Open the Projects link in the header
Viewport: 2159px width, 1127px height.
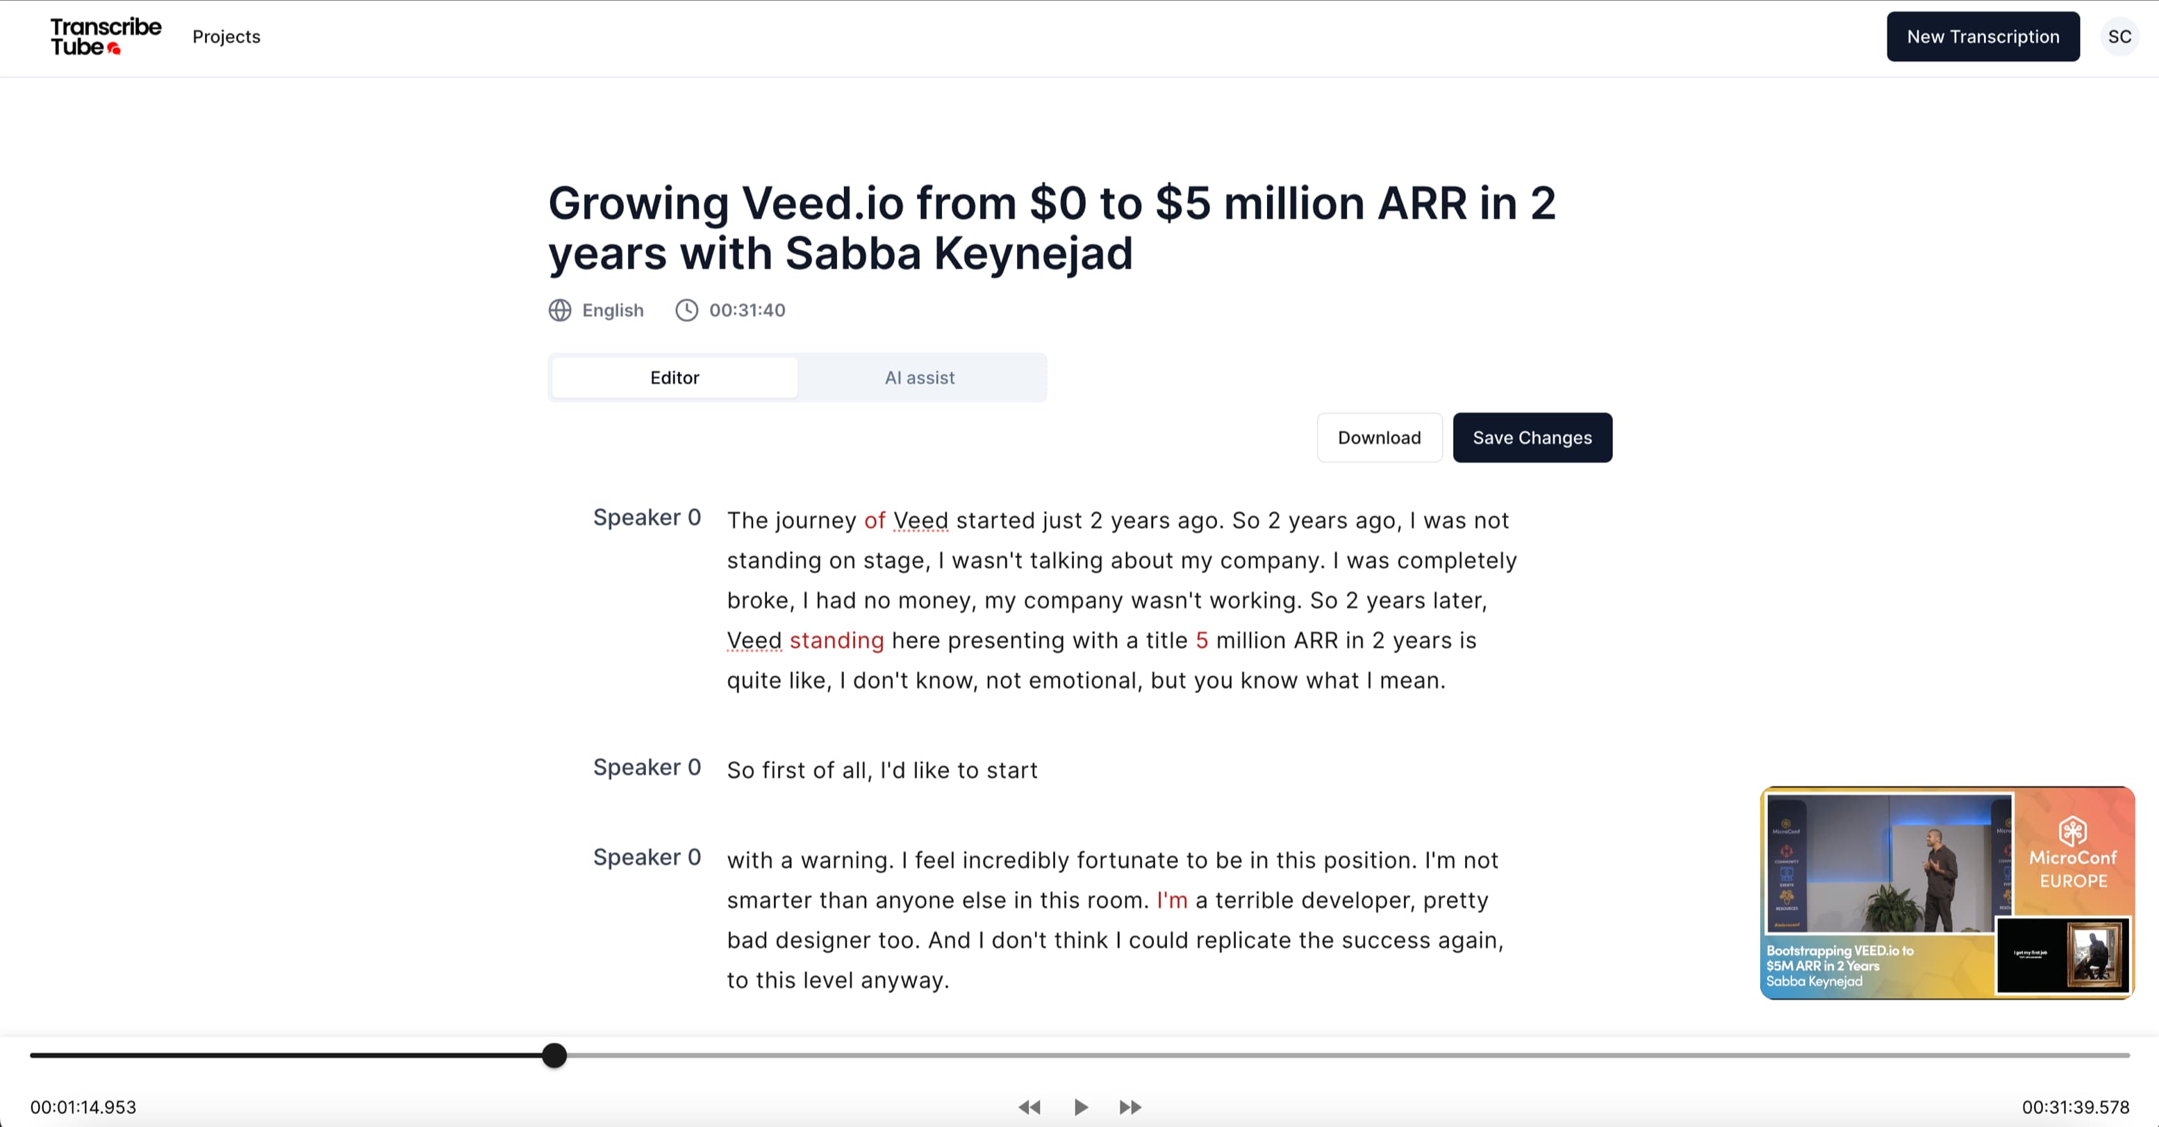226,37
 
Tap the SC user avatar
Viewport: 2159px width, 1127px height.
2119,37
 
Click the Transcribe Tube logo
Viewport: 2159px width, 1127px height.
106,37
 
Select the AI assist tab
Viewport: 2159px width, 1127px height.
920,378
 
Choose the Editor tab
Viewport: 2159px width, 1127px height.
675,378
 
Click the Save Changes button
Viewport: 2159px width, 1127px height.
1532,437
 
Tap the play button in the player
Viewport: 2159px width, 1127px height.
1081,1107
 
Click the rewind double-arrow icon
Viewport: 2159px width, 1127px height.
1029,1107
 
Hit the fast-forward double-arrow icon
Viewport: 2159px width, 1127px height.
1131,1107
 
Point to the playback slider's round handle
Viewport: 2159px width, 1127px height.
554,1055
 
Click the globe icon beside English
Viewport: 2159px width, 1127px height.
560,310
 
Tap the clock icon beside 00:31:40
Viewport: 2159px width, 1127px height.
686,310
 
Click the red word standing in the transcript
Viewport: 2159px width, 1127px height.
836,640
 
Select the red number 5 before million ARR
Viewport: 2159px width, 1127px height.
1201,640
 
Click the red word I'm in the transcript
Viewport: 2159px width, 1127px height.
1172,900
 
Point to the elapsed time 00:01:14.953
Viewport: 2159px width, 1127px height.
83,1107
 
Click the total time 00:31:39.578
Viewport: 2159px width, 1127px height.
2075,1107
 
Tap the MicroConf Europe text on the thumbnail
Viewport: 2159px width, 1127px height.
2073,869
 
